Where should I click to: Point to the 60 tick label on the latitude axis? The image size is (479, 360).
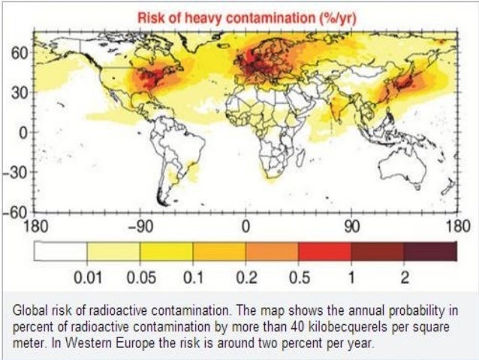(x=19, y=54)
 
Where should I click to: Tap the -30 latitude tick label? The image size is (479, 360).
(x=17, y=171)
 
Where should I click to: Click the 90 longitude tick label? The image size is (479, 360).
(x=351, y=225)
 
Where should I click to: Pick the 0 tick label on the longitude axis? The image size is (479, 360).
(x=245, y=225)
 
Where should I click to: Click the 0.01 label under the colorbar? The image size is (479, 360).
(x=87, y=277)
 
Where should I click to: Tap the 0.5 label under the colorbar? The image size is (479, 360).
(x=299, y=277)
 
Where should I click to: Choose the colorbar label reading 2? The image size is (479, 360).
(x=404, y=277)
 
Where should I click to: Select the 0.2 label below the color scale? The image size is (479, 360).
(x=246, y=277)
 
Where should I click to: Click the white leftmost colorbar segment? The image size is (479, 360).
(x=60, y=252)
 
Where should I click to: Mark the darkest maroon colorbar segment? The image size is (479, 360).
(x=430, y=252)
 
